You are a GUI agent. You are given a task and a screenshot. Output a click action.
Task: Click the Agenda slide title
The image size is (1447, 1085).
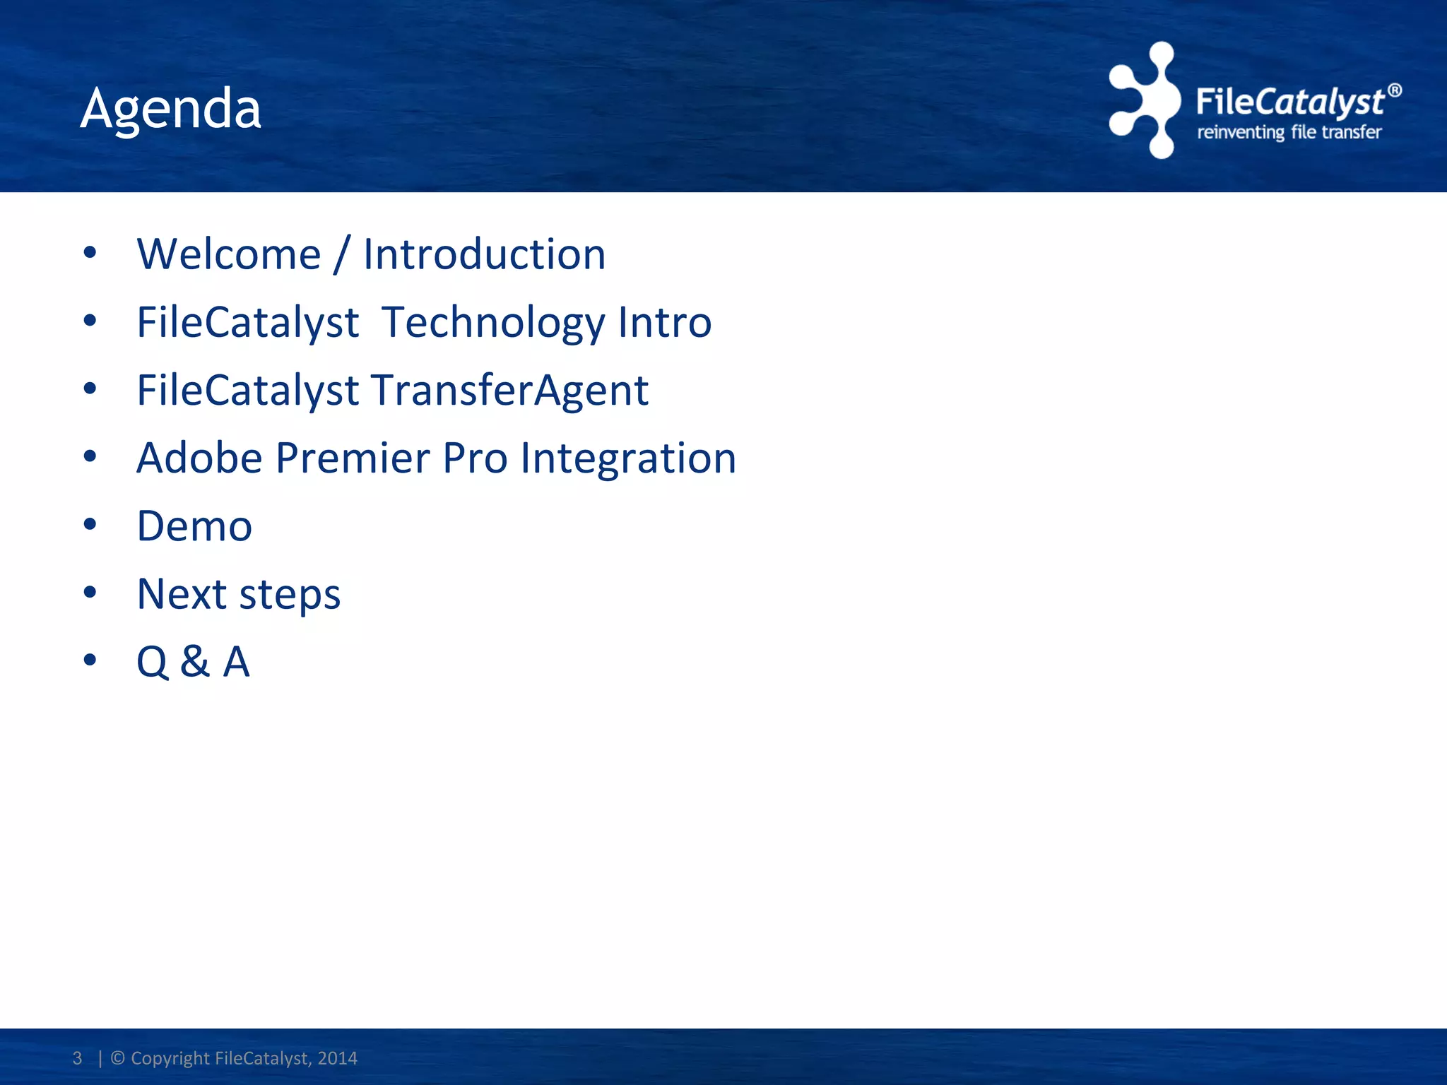click(170, 109)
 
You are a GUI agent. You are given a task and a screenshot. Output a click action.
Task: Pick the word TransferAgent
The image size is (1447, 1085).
click(509, 391)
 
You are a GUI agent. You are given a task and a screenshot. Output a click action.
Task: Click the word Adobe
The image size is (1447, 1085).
click(200, 458)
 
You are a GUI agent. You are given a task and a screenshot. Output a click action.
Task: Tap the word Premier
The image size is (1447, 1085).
click(353, 458)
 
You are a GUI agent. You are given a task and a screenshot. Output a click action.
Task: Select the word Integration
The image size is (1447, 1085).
click(628, 459)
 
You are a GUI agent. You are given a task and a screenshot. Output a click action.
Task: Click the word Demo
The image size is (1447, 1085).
click(194, 526)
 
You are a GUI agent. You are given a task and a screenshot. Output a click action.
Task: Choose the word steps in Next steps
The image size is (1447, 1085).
click(290, 595)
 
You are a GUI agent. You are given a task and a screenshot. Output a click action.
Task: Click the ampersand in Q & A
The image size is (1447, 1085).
click(194, 662)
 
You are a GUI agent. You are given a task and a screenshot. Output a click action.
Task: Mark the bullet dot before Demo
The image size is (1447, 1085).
click(90, 524)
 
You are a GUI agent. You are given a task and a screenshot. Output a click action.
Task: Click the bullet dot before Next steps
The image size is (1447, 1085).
click(90, 592)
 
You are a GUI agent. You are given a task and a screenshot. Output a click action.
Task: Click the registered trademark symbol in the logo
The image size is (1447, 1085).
click(1394, 90)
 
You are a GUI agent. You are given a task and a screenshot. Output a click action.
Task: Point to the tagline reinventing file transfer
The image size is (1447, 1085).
click(1289, 132)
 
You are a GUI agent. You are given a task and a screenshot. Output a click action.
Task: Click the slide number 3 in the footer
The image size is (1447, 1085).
click(77, 1058)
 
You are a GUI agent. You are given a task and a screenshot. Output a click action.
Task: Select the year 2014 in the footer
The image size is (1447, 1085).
click(337, 1058)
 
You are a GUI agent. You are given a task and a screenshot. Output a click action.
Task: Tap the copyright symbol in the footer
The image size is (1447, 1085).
click(118, 1058)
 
